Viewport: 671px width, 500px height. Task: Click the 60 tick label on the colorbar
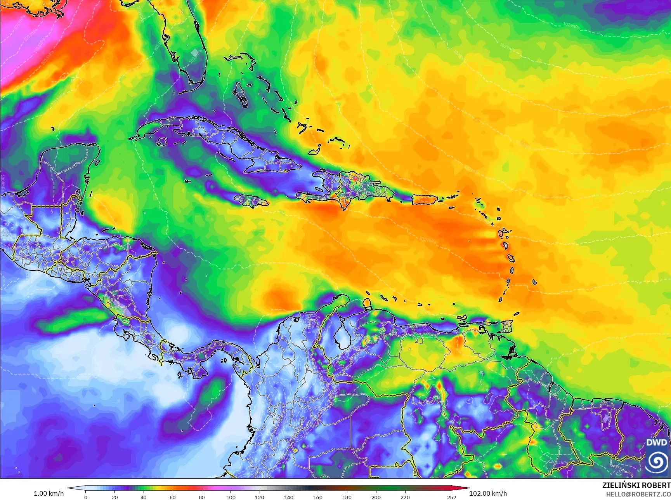click(x=173, y=497)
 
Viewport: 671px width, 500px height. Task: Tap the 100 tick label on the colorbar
click(x=231, y=497)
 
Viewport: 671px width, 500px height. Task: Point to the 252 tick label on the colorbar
click(x=451, y=497)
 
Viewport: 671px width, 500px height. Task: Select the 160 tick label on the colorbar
click(x=317, y=497)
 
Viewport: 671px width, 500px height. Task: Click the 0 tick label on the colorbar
click(x=86, y=497)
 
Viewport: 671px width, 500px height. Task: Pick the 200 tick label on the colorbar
click(x=376, y=497)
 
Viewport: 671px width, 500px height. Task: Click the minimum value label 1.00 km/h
click(x=49, y=493)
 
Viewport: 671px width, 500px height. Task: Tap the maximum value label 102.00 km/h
click(x=488, y=493)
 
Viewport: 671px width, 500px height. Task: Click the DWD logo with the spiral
click(x=657, y=457)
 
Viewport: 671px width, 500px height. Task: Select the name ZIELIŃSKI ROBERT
click(x=636, y=485)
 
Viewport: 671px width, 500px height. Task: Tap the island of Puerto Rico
click(x=424, y=199)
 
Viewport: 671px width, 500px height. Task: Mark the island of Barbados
click(x=534, y=282)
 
